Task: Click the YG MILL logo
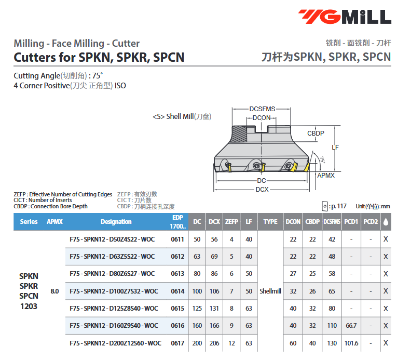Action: point(345,17)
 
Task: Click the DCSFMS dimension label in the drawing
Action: point(262,109)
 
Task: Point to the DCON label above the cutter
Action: point(262,118)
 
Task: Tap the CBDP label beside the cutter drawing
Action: point(316,134)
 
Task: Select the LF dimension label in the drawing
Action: point(335,148)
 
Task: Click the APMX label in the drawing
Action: point(326,176)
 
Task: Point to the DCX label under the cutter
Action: point(262,190)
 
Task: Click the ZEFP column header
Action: point(231,222)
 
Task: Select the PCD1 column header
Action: point(351,222)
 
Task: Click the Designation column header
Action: point(116,222)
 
